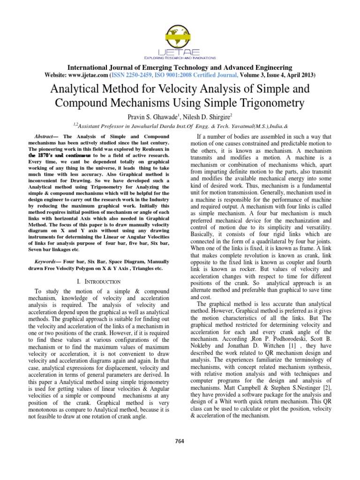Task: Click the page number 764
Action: pos(180,440)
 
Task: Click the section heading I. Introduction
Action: pos(98,281)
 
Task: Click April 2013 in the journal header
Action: pos(300,75)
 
